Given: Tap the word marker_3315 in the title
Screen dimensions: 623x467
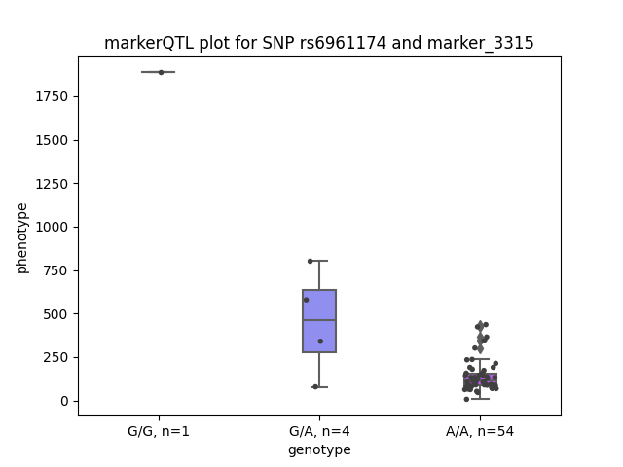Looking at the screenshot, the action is tap(480, 44).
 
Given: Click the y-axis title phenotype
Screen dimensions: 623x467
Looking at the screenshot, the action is tap(22, 238).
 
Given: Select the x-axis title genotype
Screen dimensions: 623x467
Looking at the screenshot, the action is tap(319, 450).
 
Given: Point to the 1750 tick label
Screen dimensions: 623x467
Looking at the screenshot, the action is tap(52, 97).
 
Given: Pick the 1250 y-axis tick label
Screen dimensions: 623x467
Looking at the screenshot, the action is tap(52, 184).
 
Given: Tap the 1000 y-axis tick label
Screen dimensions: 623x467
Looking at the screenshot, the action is tap(52, 227).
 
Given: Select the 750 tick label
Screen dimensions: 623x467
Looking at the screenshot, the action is tap(55, 270).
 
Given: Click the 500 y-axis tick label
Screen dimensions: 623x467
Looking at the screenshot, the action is tap(55, 314).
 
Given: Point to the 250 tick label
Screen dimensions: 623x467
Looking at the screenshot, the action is tap(55, 357).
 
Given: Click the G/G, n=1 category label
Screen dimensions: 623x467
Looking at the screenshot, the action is tap(159, 431).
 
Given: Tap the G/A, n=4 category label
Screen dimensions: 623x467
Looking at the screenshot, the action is tap(319, 431).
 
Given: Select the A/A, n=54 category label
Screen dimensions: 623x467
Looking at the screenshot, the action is tap(480, 431).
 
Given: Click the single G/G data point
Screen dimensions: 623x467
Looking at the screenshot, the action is tap(161, 72).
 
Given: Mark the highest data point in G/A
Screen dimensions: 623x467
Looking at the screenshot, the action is tap(310, 261).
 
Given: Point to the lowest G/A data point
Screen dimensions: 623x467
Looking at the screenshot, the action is tap(315, 387).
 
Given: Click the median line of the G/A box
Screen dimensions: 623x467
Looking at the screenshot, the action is tap(319, 320).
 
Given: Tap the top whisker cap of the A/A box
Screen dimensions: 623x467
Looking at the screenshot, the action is tap(480, 359).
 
